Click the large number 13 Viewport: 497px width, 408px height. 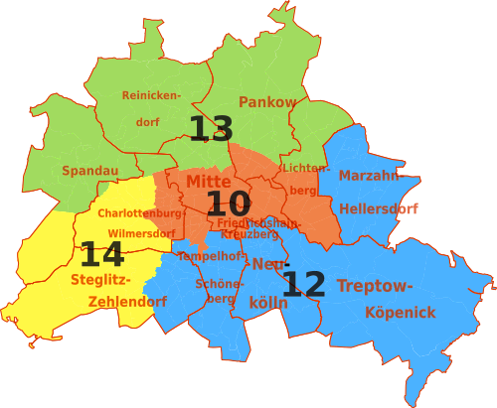(x=211, y=129)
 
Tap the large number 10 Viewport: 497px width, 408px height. (x=228, y=204)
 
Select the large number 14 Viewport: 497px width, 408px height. (x=101, y=255)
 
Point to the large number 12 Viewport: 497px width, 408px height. (x=303, y=285)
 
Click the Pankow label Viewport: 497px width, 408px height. (x=267, y=101)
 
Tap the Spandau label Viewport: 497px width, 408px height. (x=90, y=171)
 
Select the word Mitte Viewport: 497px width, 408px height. (x=209, y=182)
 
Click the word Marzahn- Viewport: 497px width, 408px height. (x=370, y=176)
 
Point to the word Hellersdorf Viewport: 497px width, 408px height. (x=379, y=209)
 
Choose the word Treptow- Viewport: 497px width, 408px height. (x=375, y=286)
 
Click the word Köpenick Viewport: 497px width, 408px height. (x=400, y=313)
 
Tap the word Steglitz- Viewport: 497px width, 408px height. (x=100, y=280)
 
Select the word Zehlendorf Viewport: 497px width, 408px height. (x=127, y=302)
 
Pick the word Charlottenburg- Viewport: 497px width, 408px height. (x=141, y=213)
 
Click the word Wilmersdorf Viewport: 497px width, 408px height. (x=141, y=234)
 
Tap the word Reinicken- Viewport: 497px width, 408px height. (x=152, y=95)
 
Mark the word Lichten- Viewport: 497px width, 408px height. (x=306, y=168)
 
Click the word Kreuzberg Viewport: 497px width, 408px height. (x=249, y=235)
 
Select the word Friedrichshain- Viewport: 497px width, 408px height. (x=258, y=223)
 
